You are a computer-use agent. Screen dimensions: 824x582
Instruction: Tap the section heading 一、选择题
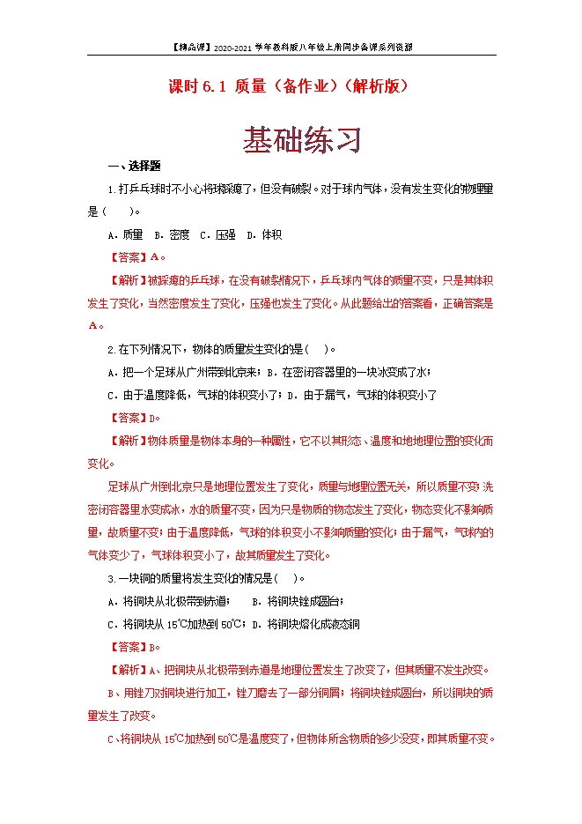[132, 166]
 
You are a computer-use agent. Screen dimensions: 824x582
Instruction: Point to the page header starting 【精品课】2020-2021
[291, 47]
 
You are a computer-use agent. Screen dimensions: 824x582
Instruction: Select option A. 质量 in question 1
[125, 234]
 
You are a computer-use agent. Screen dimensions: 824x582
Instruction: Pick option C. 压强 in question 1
[217, 234]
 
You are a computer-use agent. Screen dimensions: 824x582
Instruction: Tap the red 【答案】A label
[136, 257]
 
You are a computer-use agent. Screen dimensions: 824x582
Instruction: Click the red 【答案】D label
[136, 418]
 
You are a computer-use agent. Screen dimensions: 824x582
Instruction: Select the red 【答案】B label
[136, 646]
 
